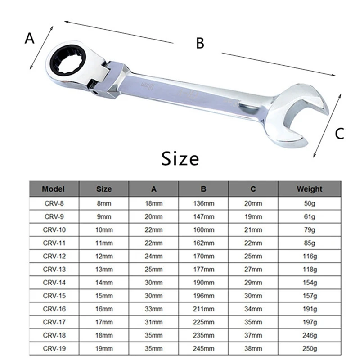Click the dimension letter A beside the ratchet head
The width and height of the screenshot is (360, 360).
click(x=29, y=39)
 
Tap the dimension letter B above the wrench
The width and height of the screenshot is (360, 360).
click(x=200, y=43)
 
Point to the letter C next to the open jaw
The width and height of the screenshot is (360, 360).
click(x=340, y=133)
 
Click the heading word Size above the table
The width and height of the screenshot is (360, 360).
click(x=180, y=158)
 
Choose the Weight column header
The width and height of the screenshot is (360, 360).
click(x=309, y=189)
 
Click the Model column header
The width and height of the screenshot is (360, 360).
click(x=54, y=189)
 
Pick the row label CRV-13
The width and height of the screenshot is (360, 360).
click(x=54, y=270)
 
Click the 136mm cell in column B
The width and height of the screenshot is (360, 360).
click(x=204, y=203)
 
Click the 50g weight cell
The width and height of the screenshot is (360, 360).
click(x=309, y=203)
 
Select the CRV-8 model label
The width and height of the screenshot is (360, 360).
click(x=54, y=203)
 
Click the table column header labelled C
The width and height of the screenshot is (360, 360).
click(x=253, y=189)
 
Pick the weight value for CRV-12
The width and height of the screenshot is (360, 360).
click(x=309, y=256)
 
